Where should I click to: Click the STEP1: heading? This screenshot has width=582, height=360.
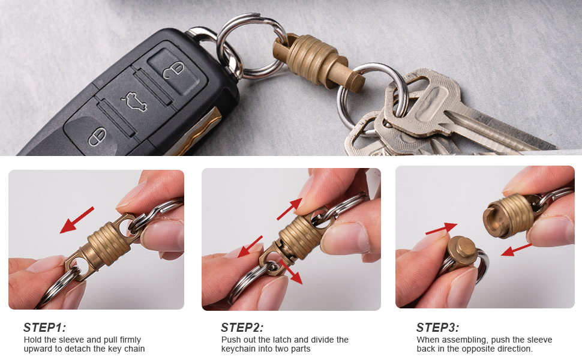coord(45,328)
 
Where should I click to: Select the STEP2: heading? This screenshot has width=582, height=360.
coord(242,328)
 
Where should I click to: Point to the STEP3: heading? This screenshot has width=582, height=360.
coord(438,328)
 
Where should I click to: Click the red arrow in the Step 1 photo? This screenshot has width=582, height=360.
coord(77,220)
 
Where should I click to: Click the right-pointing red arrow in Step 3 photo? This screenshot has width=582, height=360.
coord(441,229)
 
